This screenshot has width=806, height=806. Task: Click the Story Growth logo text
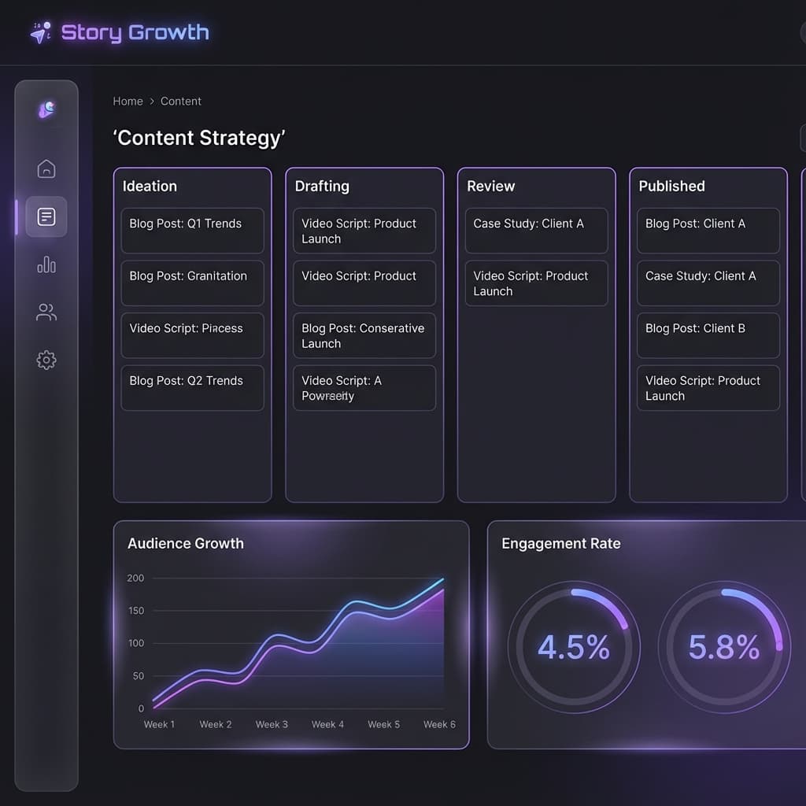pyautogui.click(x=135, y=32)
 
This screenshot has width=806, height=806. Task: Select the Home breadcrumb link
pyautogui.click(x=128, y=102)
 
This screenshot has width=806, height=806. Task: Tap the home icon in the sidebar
pyautogui.click(x=46, y=168)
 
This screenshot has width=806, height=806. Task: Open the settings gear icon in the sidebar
pyautogui.click(x=46, y=360)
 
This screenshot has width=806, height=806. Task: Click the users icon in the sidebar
pyautogui.click(x=46, y=313)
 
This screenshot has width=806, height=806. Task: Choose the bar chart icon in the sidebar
pyautogui.click(x=46, y=264)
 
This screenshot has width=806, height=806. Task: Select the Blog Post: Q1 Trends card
pyautogui.click(x=192, y=231)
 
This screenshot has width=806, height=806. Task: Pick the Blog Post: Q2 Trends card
pyautogui.click(x=192, y=387)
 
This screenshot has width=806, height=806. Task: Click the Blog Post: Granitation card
pyautogui.click(x=192, y=283)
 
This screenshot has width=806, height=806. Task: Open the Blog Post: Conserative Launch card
pyautogui.click(x=364, y=335)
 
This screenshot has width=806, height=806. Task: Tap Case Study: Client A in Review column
pyautogui.click(x=536, y=231)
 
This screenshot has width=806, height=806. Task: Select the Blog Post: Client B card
pyautogui.click(x=708, y=335)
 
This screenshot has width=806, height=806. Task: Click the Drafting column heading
pyautogui.click(x=322, y=187)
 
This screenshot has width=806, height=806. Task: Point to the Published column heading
pyautogui.click(x=671, y=187)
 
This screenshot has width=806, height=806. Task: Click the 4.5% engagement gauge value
pyautogui.click(x=574, y=647)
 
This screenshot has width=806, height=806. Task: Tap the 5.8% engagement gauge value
pyautogui.click(x=724, y=647)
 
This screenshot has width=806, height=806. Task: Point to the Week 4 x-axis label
pyautogui.click(x=327, y=724)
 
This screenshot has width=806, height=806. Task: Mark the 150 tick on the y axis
pyautogui.click(x=135, y=611)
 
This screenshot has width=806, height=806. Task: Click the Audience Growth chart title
pyautogui.click(x=186, y=544)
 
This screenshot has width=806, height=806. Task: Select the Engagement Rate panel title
pyautogui.click(x=561, y=544)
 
